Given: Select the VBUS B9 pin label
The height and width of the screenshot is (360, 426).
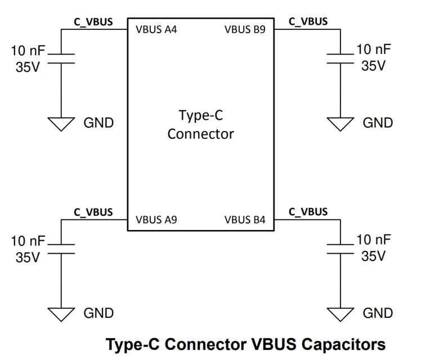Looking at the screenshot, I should (x=245, y=30).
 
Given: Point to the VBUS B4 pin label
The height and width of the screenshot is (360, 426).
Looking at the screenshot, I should (x=245, y=220).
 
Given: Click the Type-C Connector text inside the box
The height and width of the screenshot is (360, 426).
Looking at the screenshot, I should (x=200, y=125).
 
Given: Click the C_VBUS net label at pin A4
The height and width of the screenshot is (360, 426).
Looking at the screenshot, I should (x=93, y=22).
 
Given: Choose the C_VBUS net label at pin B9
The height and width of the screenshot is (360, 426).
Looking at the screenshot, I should (x=308, y=21).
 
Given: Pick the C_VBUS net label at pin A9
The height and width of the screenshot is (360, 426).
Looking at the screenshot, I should (x=93, y=213).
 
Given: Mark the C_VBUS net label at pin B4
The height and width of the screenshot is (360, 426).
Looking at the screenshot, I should (x=308, y=212).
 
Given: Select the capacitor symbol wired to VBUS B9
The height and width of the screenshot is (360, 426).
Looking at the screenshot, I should (x=341, y=58).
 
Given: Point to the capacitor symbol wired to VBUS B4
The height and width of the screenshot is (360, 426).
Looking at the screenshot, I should (x=341, y=249).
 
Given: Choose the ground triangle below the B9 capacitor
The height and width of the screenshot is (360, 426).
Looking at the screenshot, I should (x=341, y=124).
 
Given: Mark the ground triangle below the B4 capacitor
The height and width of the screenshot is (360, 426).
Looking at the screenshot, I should (x=341, y=314).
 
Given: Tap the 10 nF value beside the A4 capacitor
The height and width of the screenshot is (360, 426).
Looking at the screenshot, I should (x=28, y=51).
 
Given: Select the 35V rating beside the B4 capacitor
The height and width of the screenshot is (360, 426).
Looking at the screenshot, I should (x=373, y=256).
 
